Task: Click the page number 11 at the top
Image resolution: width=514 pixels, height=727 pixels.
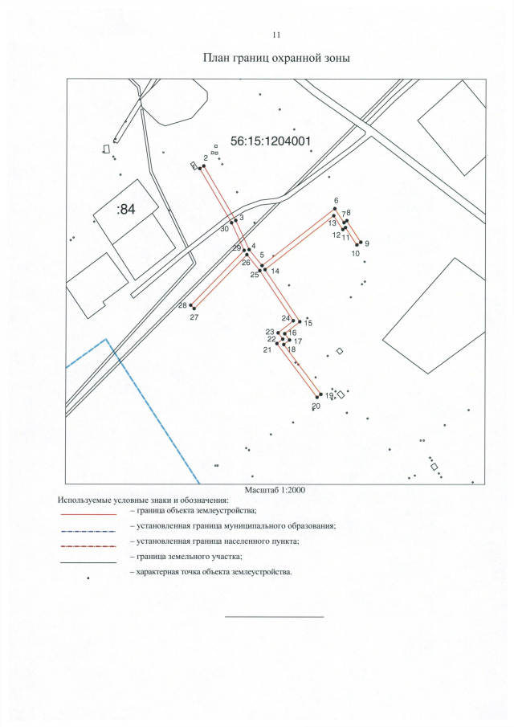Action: [276, 35]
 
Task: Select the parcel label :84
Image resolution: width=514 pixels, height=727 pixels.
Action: [126, 210]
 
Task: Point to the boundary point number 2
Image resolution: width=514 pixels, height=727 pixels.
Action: [206, 158]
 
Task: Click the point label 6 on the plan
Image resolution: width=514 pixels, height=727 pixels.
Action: [336, 201]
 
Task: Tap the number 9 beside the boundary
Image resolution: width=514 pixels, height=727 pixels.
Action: [367, 243]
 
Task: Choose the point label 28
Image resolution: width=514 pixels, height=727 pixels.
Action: [182, 305]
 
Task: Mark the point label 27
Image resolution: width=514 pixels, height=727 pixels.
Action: [194, 318]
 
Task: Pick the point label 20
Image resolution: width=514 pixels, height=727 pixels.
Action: [316, 406]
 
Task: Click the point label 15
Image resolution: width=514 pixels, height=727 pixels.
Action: [308, 323]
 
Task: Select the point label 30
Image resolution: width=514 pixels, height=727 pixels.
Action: [225, 228]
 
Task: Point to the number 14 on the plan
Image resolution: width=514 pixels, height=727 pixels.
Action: [275, 272]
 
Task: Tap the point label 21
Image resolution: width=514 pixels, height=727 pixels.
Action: [267, 349]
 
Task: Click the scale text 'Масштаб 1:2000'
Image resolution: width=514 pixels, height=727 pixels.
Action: [275, 489]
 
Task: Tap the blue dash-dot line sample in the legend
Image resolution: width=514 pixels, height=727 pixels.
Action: [88, 527]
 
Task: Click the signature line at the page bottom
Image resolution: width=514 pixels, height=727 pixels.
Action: [273, 617]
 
